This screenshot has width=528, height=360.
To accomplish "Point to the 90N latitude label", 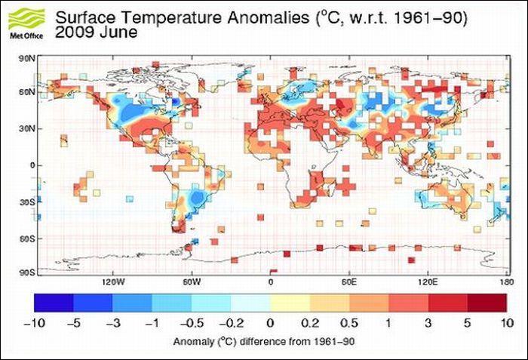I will point(27,57).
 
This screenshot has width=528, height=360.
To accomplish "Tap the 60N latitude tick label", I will point(27,92).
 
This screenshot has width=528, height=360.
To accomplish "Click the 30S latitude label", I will point(27,202).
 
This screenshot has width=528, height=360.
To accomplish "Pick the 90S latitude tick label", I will point(27,272).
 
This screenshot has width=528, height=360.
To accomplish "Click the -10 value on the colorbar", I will point(35,322).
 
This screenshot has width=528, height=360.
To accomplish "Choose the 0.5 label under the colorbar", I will point(348,322).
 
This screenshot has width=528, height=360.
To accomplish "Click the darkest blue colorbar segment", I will point(54,302).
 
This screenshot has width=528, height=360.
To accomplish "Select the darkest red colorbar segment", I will point(487,302).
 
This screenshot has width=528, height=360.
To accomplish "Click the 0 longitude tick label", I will point(271,282).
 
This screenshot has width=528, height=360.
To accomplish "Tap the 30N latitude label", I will point(27,128).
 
